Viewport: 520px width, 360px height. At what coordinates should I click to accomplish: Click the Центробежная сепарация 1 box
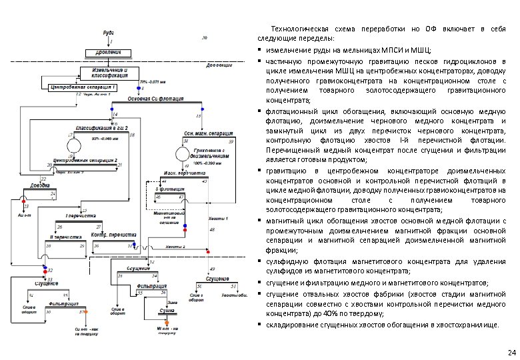(83, 87)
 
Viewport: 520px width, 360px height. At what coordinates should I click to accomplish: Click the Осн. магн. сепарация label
(207, 133)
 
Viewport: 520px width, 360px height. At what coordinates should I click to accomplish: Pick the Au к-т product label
(23, 217)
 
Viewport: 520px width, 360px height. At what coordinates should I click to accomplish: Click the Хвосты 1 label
(218, 219)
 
